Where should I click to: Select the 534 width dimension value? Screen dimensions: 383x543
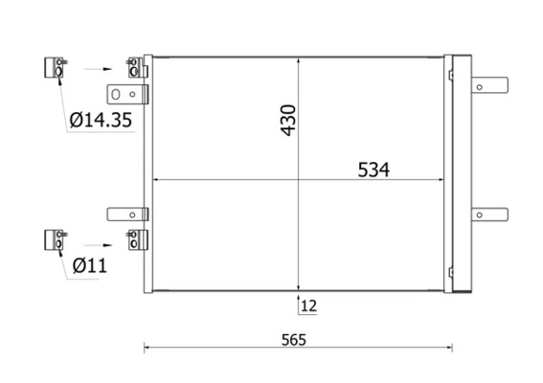coord(373,169)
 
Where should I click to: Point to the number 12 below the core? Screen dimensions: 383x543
coord(308,306)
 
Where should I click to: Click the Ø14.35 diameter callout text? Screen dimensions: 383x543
coord(100,120)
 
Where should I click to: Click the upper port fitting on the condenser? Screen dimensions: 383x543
coord(134,68)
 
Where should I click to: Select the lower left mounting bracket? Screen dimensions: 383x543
coord(124,212)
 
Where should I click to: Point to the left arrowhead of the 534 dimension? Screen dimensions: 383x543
coord(158,180)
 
